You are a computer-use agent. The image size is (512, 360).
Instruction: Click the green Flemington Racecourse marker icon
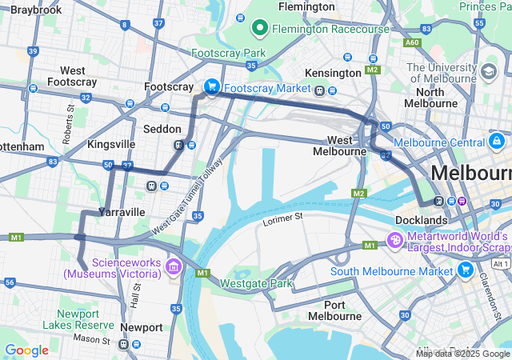[260, 29]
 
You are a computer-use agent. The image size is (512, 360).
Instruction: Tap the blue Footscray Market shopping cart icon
[212, 87]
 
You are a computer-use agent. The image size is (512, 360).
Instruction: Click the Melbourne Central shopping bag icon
[497, 142]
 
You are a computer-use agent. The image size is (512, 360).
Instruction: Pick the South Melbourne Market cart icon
[466, 270]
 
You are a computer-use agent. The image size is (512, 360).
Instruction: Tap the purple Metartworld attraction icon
[394, 240]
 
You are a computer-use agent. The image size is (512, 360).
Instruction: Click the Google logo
[26, 350]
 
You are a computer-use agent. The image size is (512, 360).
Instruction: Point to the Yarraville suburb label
[122, 212]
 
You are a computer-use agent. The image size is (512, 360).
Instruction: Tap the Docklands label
[421, 220]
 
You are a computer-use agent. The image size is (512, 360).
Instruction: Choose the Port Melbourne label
[346, 311]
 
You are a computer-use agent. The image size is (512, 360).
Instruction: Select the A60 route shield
[412, 42]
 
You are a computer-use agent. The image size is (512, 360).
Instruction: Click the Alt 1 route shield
[500, 263]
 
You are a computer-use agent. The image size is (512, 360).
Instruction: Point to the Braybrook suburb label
[37, 10]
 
